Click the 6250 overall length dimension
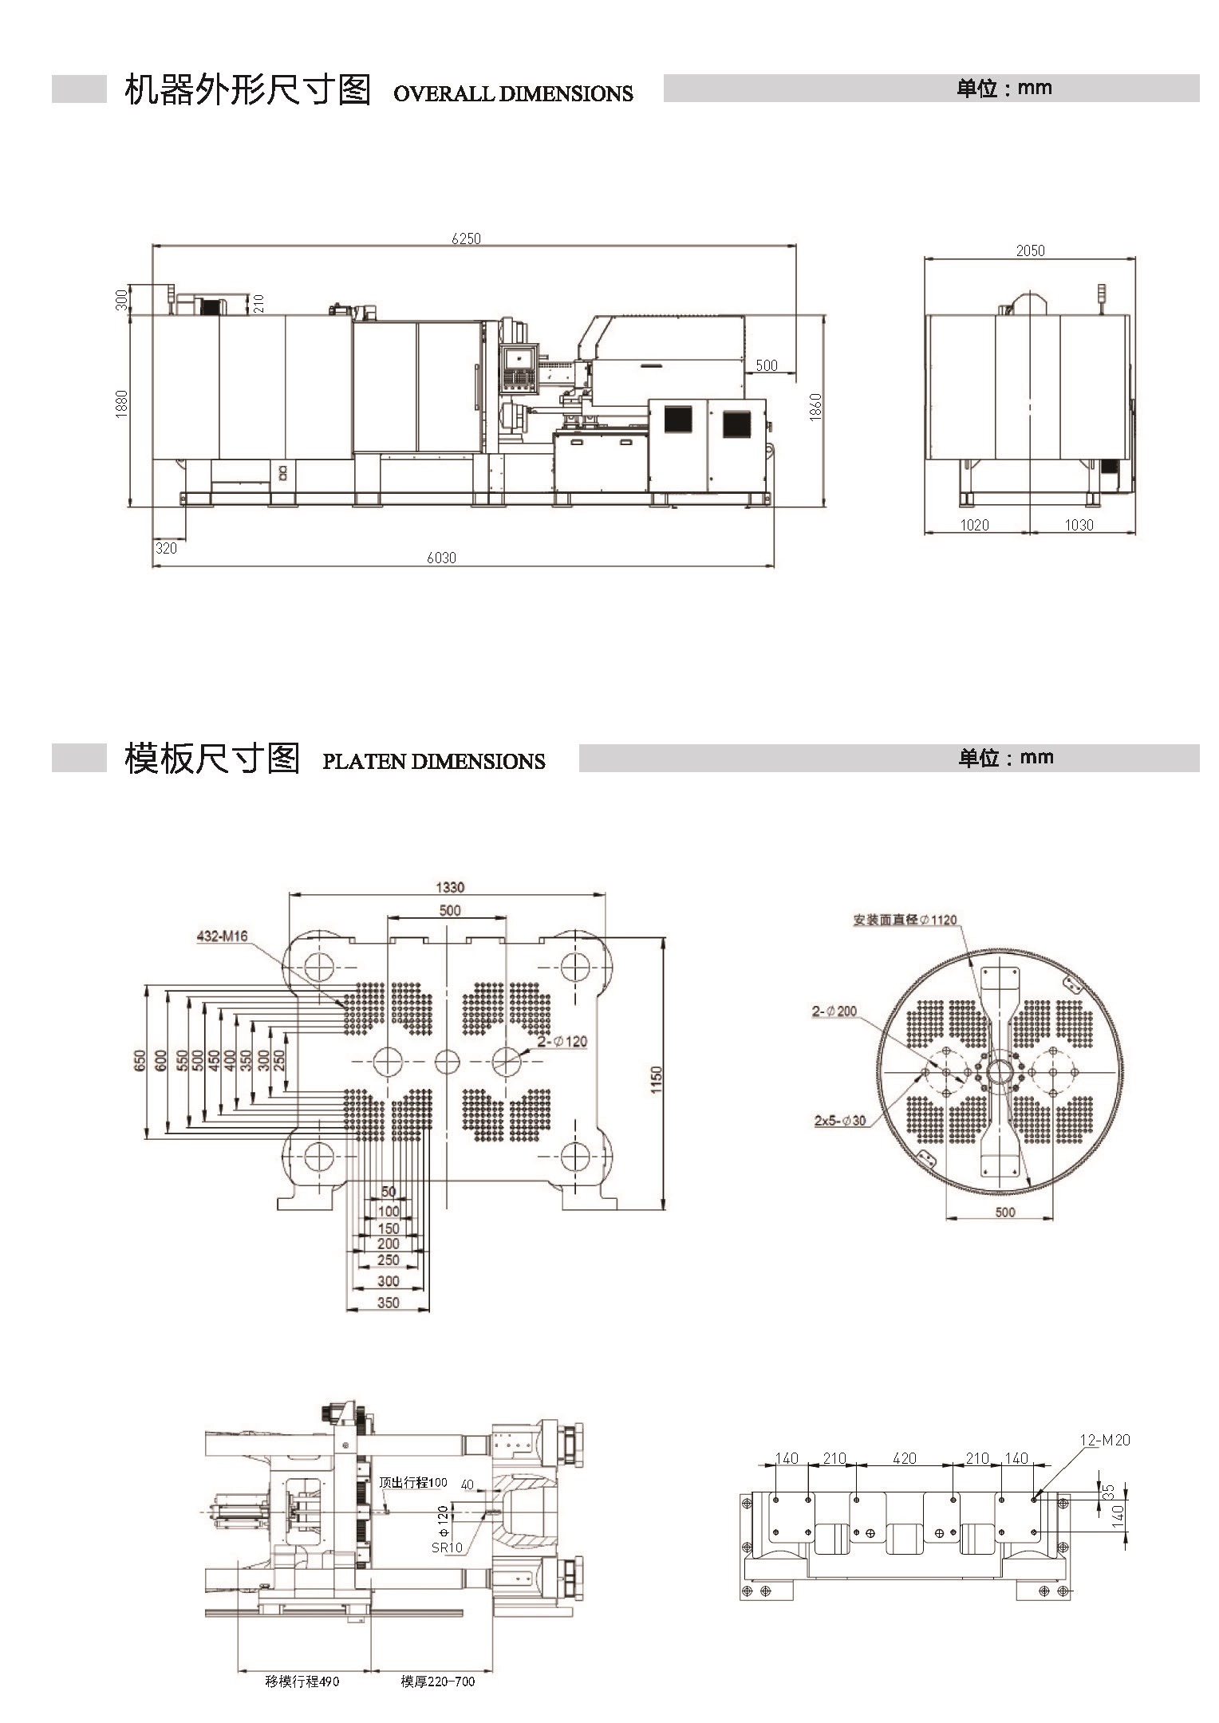click(x=467, y=238)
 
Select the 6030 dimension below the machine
click(x=441, y=558)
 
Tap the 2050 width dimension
click(x=1030, y=250)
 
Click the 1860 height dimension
click(x=815, y=407)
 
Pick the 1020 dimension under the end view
click(x=974, y=525)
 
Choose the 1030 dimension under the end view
click(x=1079, y=525)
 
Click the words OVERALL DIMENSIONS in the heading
click(x=513, y=93)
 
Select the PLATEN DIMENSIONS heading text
click(x=433, y=761)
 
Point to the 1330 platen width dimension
click(x=450, y=887)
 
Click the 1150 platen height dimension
click(x=656, y=1080)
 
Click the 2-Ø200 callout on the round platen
click(x=834, y=1011)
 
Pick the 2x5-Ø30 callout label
click(x=840, y=1120)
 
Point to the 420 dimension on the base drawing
click(x=904, y=1458)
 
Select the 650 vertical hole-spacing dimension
click(x=140, y=1060)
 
